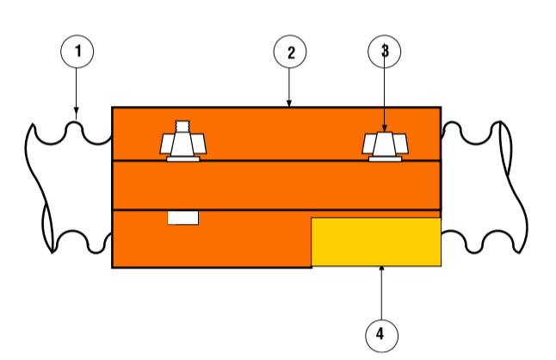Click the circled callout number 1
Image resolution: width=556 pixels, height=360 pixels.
pos(77,52)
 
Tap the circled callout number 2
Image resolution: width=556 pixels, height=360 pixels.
pos(290,52)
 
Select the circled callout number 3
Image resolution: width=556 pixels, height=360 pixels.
pos(385,52)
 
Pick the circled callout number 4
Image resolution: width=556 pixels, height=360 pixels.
pos(381,336)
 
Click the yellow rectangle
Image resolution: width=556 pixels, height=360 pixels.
pos(376,242)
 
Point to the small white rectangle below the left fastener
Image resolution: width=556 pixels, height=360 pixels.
pos(183,218)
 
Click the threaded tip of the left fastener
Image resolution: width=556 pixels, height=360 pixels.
pos(182,126)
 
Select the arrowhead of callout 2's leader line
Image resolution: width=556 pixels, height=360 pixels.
pos(289,103)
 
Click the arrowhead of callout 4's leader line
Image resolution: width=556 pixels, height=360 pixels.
pos(381,269)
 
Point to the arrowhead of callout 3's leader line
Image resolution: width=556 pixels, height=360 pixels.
pos(385,128)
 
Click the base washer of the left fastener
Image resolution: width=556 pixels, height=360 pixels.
pos(183,159)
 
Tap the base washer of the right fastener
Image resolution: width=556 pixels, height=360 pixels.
pos(385,159)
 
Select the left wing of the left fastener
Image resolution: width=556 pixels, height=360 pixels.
pos(166,144)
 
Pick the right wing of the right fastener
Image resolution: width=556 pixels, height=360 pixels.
pos(401,144)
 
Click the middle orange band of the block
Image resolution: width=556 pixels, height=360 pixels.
pos(276,185)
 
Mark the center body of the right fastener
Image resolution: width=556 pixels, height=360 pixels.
pos(385,145)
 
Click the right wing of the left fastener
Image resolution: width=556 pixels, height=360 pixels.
pos(200,144)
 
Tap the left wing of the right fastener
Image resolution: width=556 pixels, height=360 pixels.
pos(368,144)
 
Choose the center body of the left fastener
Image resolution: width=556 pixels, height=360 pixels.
pos(182,144)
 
